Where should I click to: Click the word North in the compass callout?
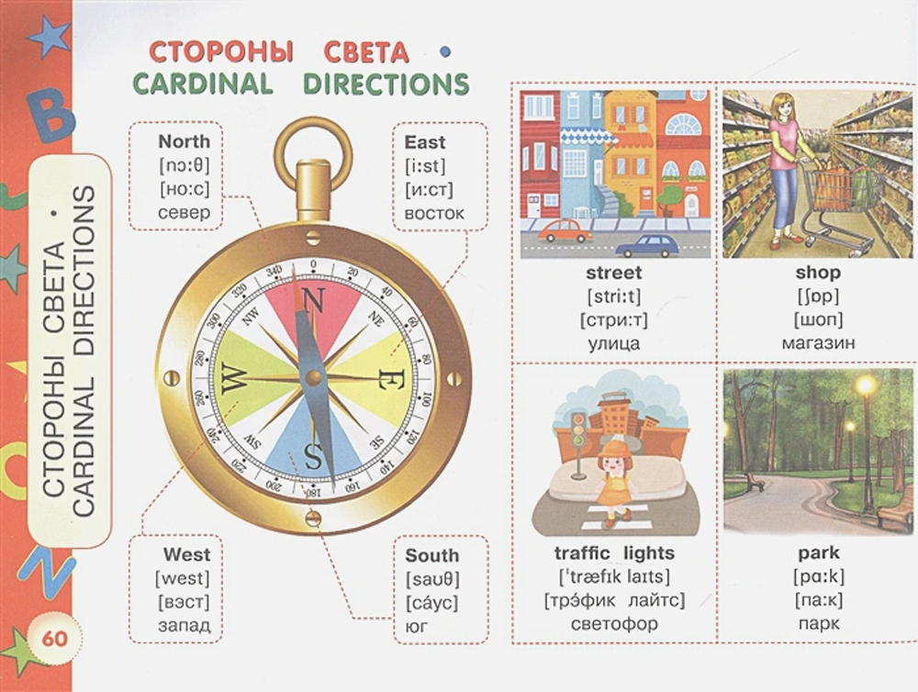point(184,141)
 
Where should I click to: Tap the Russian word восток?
point(434,213)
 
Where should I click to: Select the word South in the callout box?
point(432,555)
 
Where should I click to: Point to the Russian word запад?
point(184,625)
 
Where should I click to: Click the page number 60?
point(54,638)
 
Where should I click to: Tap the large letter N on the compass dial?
point(313,303)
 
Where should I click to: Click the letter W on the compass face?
point(232,378)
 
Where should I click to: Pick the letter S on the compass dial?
point(313,456)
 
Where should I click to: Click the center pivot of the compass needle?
point(314,377)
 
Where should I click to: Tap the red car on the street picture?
point(565,231)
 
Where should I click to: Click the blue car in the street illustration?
point(648,246)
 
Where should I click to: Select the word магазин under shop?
point(818,343)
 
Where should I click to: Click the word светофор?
point(614,623)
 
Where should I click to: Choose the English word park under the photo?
point(819,552)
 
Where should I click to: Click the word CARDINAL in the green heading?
point(203,84)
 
